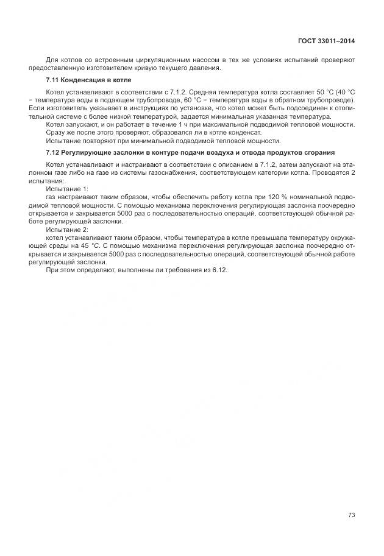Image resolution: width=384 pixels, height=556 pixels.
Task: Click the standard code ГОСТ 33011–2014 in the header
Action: point(326,41)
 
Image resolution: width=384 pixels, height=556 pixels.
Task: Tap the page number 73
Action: point(351,515)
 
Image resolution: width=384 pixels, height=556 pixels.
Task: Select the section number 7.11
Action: point(52,80)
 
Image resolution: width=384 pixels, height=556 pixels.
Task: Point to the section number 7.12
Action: point(52,152)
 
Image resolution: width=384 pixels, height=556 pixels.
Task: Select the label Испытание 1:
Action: point(67,189)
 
